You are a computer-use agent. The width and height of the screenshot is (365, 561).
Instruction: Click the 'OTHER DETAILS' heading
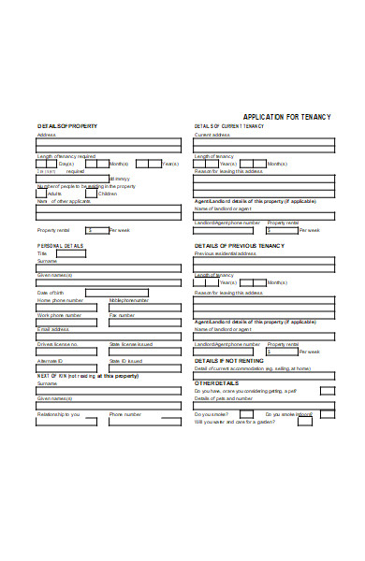tap(216, 383)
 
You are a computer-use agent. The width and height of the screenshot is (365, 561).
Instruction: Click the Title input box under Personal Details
tap(71, 253)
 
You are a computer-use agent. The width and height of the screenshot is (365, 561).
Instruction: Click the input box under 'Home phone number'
tap(70, 309)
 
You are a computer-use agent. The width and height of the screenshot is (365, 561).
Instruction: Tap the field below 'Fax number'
tap(144, 323)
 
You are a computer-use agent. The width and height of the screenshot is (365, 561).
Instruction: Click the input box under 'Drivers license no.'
tap(70, 352)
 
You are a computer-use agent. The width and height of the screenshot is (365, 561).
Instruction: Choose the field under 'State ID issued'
tap(144, 367)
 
